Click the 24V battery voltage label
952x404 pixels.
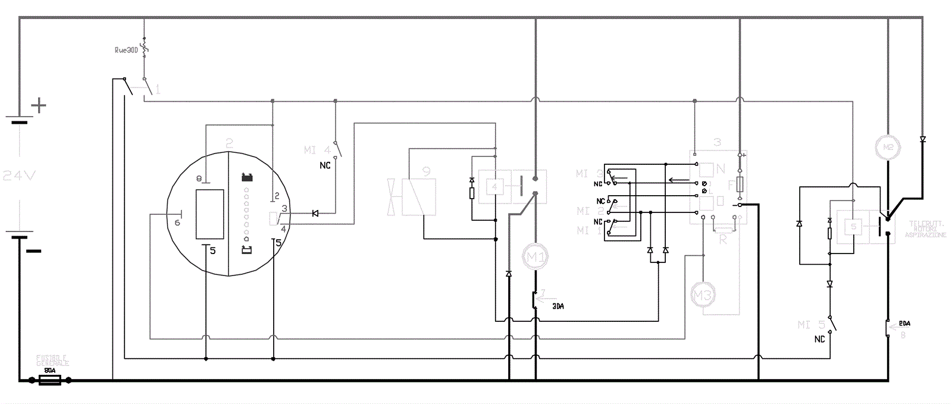(x=19, y=175)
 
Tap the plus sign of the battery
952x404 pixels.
(x=38, y=106)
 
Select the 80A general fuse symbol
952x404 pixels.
(x=50, y=380)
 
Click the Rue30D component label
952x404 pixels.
(x=126, y=51)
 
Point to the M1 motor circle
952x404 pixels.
(x=535, y=257)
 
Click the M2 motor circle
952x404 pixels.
(x=888, y=147)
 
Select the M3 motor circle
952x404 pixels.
(x=703, y=295)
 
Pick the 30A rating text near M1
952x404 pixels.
(x=558, y=306)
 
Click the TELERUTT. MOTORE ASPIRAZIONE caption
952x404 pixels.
(x=925, y=230)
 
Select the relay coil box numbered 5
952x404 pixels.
(x=853, y=227)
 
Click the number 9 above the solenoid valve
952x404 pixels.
(x=426, y=171)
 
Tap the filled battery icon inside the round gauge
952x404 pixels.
(x=246, y=177)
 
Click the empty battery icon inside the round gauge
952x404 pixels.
(x=246, y=249)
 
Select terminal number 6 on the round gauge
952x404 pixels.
(x=177, y=223)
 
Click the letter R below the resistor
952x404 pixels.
(x=723, y=240)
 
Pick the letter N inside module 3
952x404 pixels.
(x=721, y=169)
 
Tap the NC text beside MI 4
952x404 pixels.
(x=325, y=165)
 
